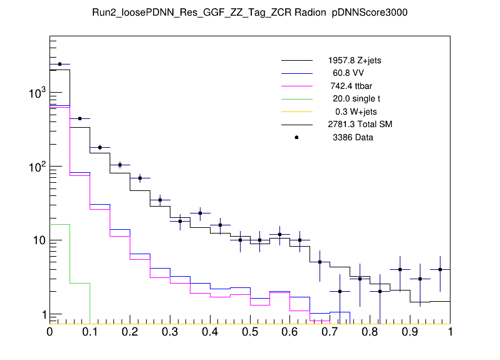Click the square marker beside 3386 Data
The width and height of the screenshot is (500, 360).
(296, 137)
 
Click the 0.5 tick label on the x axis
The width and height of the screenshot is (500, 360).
(249, 332)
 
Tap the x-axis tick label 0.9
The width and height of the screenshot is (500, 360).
(410, 332)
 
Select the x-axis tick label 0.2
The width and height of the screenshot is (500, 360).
(130, 332)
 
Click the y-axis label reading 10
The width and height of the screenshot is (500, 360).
(36, 241)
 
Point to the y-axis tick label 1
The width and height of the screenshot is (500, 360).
(41, 315)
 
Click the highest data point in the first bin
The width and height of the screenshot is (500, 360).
(60, 64)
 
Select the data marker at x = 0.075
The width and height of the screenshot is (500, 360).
(80, 118)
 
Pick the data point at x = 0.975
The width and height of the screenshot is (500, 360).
(440, 270)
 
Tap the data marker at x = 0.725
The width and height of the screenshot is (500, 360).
(340, 291)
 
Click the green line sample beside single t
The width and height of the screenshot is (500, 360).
(296, 99)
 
